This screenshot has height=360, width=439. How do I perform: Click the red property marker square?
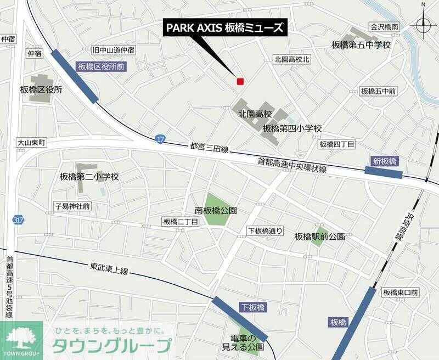click(x=240, y=82)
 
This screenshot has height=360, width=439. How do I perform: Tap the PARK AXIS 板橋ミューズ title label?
click(x=226, y=28)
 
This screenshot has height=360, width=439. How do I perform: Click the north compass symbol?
click(x=424, y=24)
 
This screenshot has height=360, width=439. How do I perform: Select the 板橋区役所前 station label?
click(x=101, y=66)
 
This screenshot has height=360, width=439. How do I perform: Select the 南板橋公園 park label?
click(x=216, y=210)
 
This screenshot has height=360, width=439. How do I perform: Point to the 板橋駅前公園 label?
click(x=319, y=237)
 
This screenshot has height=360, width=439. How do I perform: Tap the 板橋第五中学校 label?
click(x=361, y=44)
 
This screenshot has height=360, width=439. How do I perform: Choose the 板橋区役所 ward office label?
click(x=41, y=89)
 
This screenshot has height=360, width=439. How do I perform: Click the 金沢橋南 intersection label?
click(x=384, y=26)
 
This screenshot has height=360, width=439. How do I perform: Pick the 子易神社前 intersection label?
click(x=73, y=206)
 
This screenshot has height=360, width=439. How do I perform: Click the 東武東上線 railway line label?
click(x=109, y=269)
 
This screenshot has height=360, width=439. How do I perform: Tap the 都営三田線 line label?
click(x=209, y=148)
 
